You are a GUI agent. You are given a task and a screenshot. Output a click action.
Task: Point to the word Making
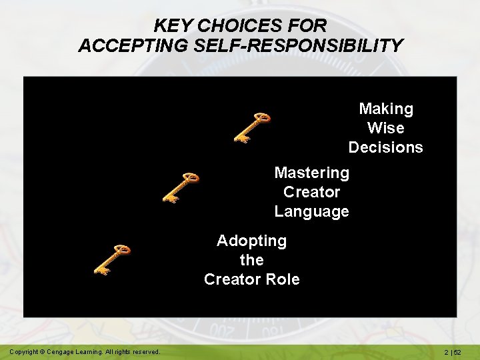pyautogui.click(x=386, y=109)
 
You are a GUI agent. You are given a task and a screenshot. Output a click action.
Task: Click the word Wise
pyautogui.click(x=386, y=128)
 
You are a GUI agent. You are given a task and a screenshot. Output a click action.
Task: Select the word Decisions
pyautogui.click(x=386, y=147)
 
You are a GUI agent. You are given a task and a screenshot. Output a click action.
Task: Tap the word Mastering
pyautogui.click(x=311, y=173)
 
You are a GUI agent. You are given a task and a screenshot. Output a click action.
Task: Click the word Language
pyautogui.click(x=311, y=212)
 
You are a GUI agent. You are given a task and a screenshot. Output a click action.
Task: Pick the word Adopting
pyautogui.click(x=251, y=241)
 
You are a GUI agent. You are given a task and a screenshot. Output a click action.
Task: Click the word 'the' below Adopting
pyautogui.click(x=251, y=260)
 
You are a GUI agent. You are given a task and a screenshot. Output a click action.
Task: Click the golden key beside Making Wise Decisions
pyautogui.click(x=251, y=127)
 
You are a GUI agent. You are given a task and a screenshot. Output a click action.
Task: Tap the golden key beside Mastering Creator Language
pyautogui.click(x=181, y=187)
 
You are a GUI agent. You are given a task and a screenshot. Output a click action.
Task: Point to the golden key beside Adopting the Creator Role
pyautogui.click(x=111, y=259)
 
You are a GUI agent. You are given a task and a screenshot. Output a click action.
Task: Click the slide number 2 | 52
pyautogui.click(x=456, y=351)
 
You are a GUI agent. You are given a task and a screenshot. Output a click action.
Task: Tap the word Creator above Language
pyautogui.click(x=311, y=193)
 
